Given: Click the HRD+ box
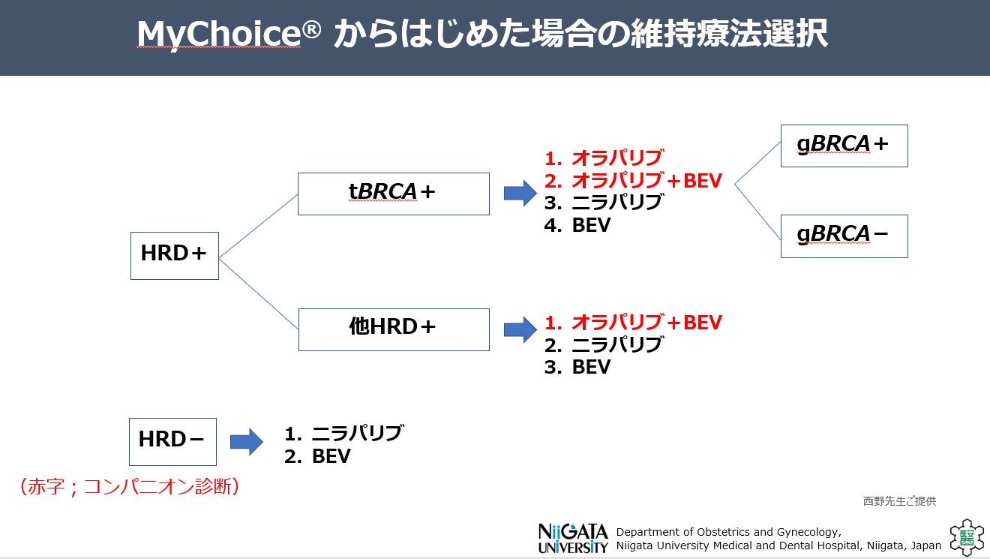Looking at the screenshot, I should point(174,255).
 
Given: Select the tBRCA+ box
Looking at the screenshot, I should point(393,194).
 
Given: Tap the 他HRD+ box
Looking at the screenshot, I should point(393,329).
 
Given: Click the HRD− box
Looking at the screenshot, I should point(172,441).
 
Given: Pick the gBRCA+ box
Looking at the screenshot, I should point(844,146).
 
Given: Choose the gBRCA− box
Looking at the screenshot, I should point(844,236).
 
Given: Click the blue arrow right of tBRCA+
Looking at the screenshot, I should point(520,194).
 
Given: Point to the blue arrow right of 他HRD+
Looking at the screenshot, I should point(520,329).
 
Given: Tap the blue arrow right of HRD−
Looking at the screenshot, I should point(246,442).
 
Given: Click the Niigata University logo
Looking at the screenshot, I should point(572,538).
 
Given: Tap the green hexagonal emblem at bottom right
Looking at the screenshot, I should point(965,537).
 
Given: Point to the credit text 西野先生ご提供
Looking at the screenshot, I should point(899,501).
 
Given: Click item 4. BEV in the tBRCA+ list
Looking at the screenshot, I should point(577,225).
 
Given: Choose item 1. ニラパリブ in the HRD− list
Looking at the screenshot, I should point(344,434).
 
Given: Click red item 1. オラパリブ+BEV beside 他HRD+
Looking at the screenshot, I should point(633,323).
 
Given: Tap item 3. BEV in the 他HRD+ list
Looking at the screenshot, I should point(577,367).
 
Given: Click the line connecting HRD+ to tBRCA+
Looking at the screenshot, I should point(258,225).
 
